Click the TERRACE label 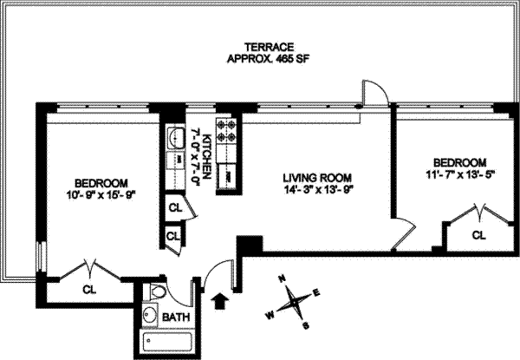pyautogui.click(x=269, y=47)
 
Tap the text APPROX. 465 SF pyautogui.click(x=269, y=59)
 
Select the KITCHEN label pyautogui.click(x=206, y=157)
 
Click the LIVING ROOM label pyautogui.click(x=317, y=178)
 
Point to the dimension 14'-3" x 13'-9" pyautogui.click(x=317, y=190)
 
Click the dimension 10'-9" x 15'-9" pyautogui.click(x=101, y=195)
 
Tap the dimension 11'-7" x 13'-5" pyautogui.click(x=460, y=174)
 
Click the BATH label pyautogui.click(x=176, y=317)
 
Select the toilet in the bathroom pyautogui.click(x=155, y=291)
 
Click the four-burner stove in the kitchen pyautogui.click(x=227, y=131)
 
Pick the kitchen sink pyautogui.click(x=175, y=138)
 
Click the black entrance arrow pyautogui.click(x=219, y=301)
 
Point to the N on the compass pyautogui.click(x=283, y=278)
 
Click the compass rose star pyautogui.click(x=295, y=302)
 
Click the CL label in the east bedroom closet pyautogui.click(x=478, y=235)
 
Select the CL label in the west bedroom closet pyautogui.click(x=89, y=290)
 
